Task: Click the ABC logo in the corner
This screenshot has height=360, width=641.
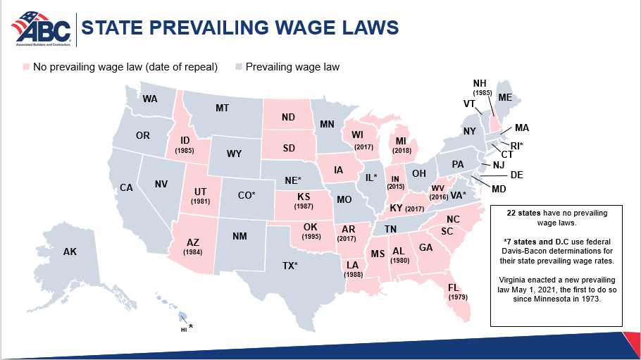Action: pos(40,27)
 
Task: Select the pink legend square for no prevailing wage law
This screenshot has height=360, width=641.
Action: pos(26,67)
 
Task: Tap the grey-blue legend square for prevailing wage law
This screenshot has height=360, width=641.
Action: pos(239,67)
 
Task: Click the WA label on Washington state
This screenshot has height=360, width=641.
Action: pos(149,99)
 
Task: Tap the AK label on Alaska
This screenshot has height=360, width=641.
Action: pos(70,252)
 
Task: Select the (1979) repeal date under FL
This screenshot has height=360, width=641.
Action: pos(458,297)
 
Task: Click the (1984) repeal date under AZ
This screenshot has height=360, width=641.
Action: pos(192,252)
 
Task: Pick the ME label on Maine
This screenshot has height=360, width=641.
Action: pos(505,97)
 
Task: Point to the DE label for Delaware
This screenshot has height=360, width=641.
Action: pos(516,175)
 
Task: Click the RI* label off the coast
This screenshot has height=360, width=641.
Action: pos(516,145)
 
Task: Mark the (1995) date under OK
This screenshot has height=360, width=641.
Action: pos(311,237)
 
